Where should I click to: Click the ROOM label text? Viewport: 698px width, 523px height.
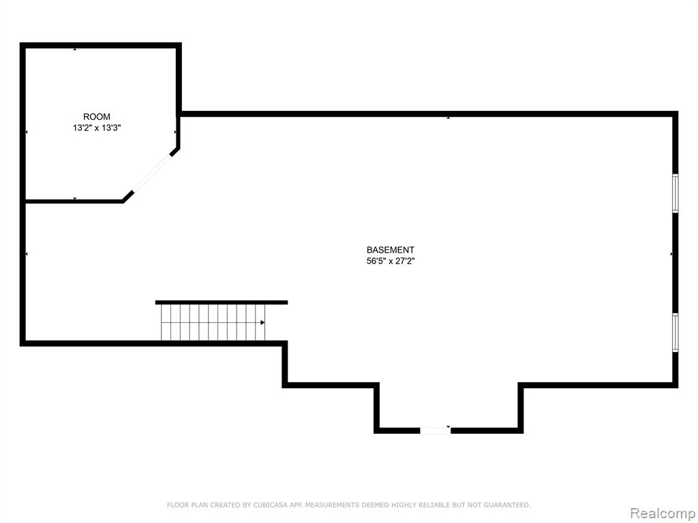(x=97, y=117)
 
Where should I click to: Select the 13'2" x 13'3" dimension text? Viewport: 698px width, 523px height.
(x=97, y=128)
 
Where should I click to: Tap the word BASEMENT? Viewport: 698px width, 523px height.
(x=391, y=250)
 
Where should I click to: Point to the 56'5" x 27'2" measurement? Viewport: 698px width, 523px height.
(x=391, y=261)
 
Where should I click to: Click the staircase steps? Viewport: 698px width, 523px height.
(x=213, y=322)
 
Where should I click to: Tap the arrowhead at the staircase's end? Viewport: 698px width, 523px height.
(x=262, y=322)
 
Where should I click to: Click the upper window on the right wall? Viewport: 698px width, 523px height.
(x=676, y=193)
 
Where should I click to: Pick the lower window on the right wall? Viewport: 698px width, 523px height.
(x=676, y=332)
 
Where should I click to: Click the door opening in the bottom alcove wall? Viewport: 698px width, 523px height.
(x=436, y=430)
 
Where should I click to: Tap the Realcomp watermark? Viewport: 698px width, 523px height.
(x=663, y=513)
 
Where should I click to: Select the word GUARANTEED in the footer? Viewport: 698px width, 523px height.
(x=507, y=505)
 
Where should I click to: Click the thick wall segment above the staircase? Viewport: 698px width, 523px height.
(x=222, y=302)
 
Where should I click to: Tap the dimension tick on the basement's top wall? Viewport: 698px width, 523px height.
(x=449, y=117)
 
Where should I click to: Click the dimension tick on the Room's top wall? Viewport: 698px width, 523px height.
(x=75, y=49)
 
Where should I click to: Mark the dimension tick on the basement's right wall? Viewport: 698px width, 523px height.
(x=671, y=254)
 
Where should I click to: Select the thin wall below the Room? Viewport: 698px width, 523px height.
(x=74, y=202)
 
